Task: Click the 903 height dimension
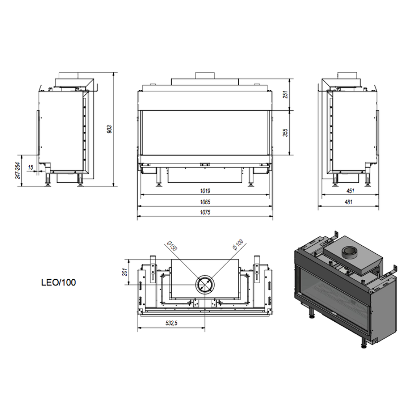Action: [110, 129]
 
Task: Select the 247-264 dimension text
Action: [18, 171]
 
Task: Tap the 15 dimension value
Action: [31, 168]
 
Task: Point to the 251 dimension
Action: [286, 94]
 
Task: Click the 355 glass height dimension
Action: [286, 133]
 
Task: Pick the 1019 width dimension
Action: [205, 191]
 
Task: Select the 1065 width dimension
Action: [205, 202]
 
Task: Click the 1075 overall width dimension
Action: [205, 212]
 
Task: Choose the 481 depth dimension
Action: [349, 202]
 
